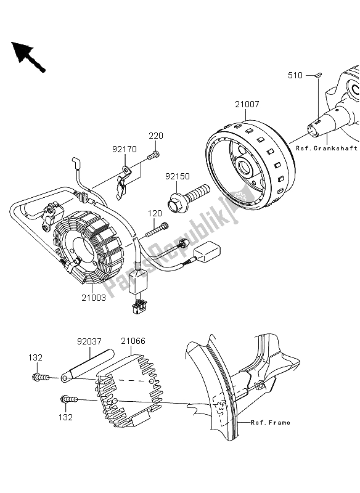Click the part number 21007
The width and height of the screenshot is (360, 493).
(247, 104)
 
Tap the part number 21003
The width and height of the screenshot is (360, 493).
(94, 298)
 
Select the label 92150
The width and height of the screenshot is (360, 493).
(178, 176)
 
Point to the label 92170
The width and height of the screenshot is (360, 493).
(125, 149)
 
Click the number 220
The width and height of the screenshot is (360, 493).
(156, 136)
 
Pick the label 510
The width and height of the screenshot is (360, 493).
(295, 75)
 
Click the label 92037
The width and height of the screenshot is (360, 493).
(89, 341)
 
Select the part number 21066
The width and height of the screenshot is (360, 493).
(133, 341)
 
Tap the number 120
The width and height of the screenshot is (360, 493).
(155, 214)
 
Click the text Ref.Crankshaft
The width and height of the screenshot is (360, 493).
(327, 149)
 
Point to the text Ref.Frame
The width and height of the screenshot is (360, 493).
(271, 423)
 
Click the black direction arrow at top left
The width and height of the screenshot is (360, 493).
(28, 57)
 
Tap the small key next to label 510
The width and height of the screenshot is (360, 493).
(318, 75)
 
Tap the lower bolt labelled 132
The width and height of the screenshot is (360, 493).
(69, 399)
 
